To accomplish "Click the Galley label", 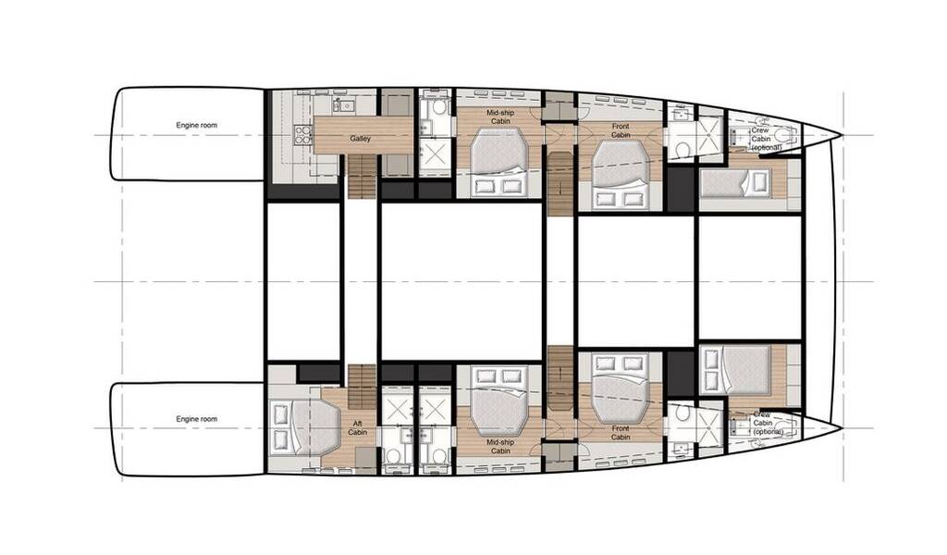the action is click(360, 139).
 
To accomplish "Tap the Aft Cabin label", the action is click(358, 428).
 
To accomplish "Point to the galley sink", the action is click(346, 105).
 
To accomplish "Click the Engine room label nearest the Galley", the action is click(196, 126).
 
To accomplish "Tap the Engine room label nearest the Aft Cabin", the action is click(196, 419).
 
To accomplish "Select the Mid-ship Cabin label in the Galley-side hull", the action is click(500, 117).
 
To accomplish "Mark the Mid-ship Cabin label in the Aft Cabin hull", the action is click(500, 446).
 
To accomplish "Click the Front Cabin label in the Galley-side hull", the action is click(621, 130).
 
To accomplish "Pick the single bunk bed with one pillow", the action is click(735, 183).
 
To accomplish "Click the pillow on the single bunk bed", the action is click(758, 183).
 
